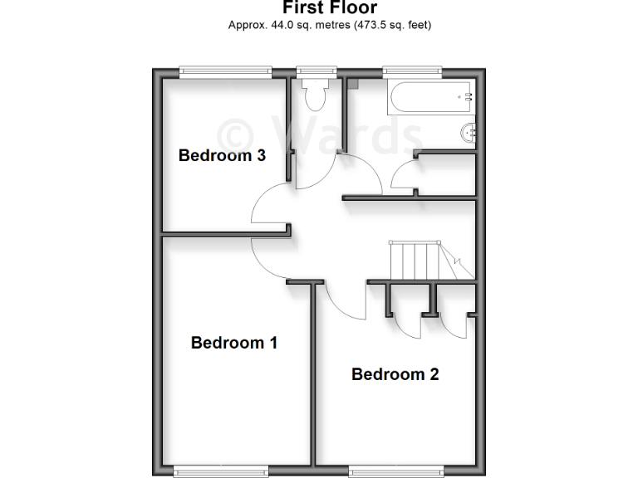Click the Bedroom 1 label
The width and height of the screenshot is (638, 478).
(x=233, y=342)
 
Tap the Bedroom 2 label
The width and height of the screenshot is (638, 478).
(x=395, y=374)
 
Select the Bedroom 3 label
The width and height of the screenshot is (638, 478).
(x=222, y=155)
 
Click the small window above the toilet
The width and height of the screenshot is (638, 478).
(x=312, y=71)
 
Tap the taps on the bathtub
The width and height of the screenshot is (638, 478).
(x=468, y=97)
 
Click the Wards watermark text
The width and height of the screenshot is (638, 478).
(x=320, y=133)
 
